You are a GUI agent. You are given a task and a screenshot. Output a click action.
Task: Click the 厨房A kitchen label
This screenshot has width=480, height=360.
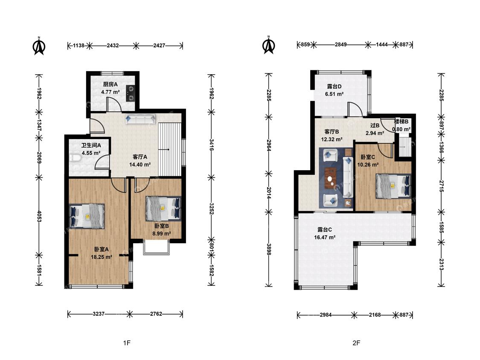110,84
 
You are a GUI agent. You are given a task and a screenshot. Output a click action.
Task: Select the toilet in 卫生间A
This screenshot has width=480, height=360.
74,158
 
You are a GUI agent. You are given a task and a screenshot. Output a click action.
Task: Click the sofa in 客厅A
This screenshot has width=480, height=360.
140,119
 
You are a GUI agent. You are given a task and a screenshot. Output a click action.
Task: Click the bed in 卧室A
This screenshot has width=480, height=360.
87,216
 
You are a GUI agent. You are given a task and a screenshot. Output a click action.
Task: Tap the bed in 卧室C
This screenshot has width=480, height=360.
393,186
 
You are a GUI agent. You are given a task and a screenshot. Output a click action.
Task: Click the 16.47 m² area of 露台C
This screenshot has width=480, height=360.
325,237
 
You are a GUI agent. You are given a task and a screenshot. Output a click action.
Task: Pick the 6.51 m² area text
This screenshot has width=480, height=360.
334,94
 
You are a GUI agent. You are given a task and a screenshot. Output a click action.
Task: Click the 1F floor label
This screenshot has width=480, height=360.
127,343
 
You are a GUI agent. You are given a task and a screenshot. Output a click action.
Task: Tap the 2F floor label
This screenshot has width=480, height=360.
356,343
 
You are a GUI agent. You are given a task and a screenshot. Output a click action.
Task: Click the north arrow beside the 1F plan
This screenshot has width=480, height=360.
39,46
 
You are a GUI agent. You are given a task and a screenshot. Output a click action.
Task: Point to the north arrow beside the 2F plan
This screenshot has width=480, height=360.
268,45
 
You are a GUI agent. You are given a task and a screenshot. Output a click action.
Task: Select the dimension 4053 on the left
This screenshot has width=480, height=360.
39,216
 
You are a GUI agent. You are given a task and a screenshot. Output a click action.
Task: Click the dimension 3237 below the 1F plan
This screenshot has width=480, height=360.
99,314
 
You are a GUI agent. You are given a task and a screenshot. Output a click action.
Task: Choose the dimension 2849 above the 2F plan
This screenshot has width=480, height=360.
340,45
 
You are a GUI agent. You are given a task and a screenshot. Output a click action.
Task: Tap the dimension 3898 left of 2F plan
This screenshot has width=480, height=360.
269,249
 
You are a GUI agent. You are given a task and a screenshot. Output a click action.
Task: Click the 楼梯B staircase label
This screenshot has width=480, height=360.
401,122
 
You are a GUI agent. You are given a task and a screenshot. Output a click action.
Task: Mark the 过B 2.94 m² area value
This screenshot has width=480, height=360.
375,133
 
